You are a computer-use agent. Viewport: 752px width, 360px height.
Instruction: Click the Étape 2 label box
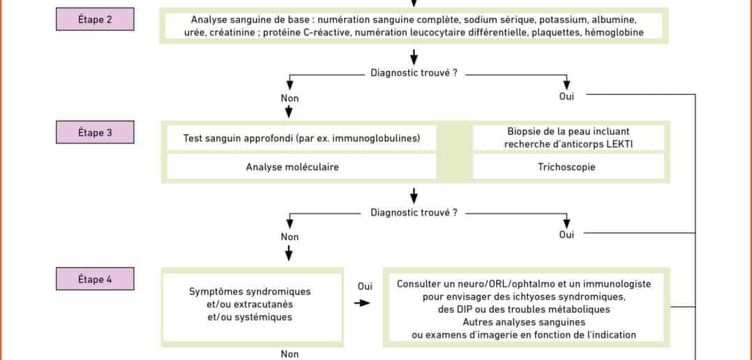95,19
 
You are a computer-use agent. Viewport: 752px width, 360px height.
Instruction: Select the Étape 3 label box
95,133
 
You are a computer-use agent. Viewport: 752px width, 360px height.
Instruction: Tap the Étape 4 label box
95,278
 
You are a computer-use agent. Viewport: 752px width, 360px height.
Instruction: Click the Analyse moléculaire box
301,167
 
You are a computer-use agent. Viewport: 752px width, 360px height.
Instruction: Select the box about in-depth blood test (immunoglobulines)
301,138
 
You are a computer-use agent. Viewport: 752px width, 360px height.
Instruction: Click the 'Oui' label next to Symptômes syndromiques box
365,286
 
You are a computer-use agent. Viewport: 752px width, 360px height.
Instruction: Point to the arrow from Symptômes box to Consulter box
362,303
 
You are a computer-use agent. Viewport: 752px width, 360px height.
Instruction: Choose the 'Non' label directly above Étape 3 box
289,98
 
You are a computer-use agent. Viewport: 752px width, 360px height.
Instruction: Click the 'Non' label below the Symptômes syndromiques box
289,354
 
